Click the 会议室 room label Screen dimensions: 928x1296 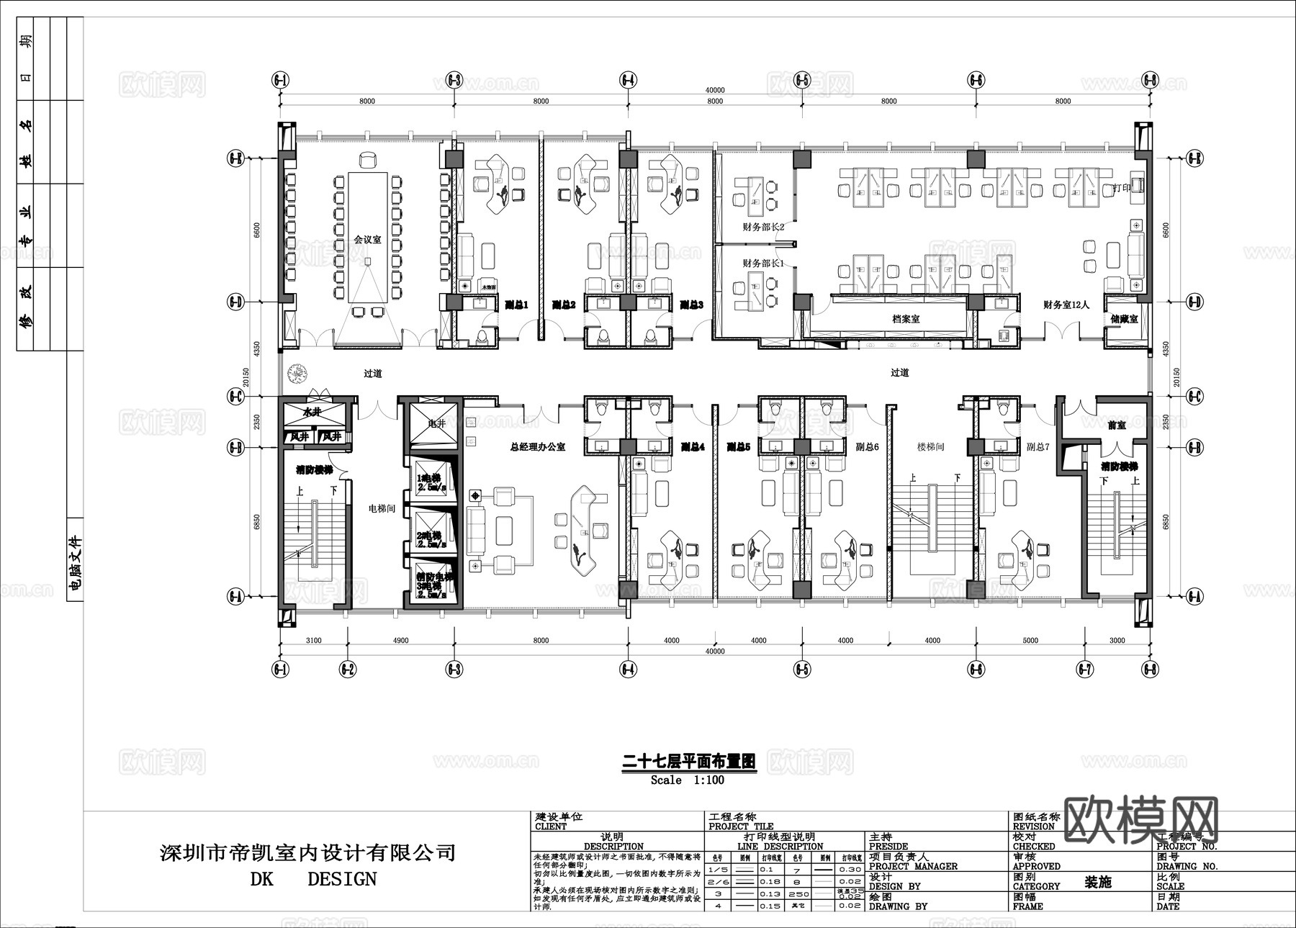tap(367, 239)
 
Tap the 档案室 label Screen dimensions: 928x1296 tap(906, 318)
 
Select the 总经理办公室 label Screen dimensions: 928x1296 tap(537, 447)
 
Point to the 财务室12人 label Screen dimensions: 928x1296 tap(1066, 305)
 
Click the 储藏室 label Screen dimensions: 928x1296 tap(1123, 318)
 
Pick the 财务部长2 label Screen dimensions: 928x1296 tap(763, 227)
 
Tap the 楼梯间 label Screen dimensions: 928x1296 tap(930, 447)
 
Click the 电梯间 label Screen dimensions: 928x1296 tap(382, 508)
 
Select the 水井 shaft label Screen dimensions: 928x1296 tap(311, 413)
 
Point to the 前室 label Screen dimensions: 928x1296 tap(1117, 425)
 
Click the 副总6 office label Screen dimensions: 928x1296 tap(868, 447)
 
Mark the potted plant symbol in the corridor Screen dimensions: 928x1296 tap(297, 373)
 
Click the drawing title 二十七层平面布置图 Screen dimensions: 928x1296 tap(688, 761)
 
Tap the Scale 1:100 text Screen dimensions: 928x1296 tap(687, 780)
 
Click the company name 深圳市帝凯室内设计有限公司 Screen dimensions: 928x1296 tap(307, 853)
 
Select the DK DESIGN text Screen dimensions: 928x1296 tap(313, 879)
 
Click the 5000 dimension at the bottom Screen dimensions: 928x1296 tap(1030, 640)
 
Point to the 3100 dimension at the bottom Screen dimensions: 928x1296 tap(313, 640)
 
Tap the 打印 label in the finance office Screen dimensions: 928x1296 tap(1122, 188)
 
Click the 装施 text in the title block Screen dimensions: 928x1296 tap(1098, 882)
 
